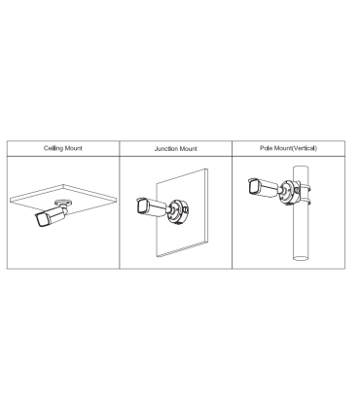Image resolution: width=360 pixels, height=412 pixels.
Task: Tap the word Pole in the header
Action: [267, 148]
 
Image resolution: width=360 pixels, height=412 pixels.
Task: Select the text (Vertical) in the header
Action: [304, 148]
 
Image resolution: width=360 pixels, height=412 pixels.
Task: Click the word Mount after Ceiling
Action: [73, 148]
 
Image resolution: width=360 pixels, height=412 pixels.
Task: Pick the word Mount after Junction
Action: [188, 149]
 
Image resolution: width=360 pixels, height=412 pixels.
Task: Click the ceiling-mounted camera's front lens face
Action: [42, 220]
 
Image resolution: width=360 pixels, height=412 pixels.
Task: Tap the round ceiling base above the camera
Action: [63, 203]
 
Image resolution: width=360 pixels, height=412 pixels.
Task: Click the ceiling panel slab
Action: [63, 198]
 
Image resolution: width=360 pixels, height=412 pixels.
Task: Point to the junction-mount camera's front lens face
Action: [142, 206]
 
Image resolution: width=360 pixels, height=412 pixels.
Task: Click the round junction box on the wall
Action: [177, 212]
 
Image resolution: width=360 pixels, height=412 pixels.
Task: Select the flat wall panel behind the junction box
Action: [182, 212]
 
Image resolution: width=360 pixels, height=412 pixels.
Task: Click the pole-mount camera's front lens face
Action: [254, 187]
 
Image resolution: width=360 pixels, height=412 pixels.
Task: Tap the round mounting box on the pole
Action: [289, 193]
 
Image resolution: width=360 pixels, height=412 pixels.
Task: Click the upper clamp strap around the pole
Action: [305, 188]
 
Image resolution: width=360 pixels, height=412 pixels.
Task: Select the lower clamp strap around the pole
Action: [305, 203]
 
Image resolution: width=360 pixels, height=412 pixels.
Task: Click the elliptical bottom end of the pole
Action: [302, 258]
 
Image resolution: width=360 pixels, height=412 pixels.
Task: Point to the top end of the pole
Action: [302, 168]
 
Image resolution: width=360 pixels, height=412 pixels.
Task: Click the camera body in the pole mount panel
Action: [264, 187]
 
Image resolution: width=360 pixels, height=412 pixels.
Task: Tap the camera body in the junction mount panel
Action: [151, 206]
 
